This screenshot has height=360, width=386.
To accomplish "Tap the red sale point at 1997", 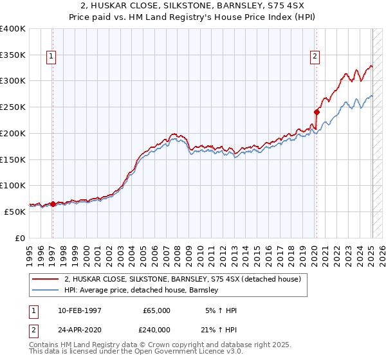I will click(53, 204).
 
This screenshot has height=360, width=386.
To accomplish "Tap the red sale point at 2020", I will click(317, 112).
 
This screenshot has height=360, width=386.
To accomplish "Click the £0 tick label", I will click(21, 238).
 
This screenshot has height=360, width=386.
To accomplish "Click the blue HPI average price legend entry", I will click(142, 291).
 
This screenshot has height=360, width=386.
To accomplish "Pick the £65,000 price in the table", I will click(156, 310).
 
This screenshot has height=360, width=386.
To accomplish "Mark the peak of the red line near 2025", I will click(371, 65).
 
